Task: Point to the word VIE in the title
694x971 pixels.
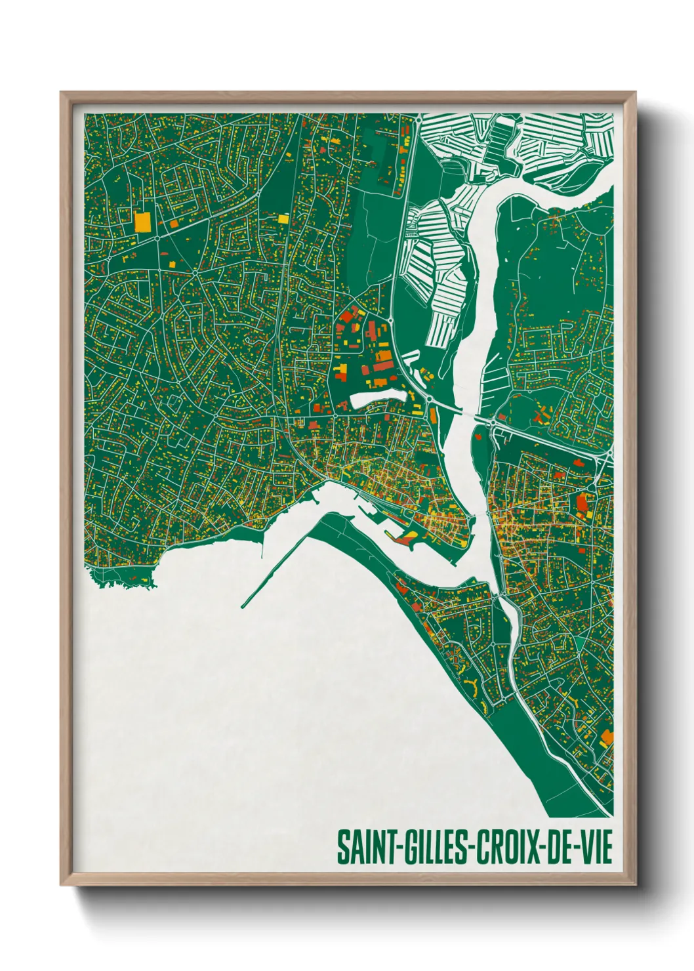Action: click(x=596, y=847)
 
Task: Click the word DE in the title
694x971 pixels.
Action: click(x=560, y=847)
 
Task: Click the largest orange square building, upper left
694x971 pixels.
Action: click(x=142, y=222)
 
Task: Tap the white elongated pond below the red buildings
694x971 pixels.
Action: click(x=378, y=398)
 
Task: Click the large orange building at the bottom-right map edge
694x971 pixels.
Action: click(x=607, y=737)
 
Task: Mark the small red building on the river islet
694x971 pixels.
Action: click(x=478, y=434)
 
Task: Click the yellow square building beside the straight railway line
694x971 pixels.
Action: click(x=283, y=218)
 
